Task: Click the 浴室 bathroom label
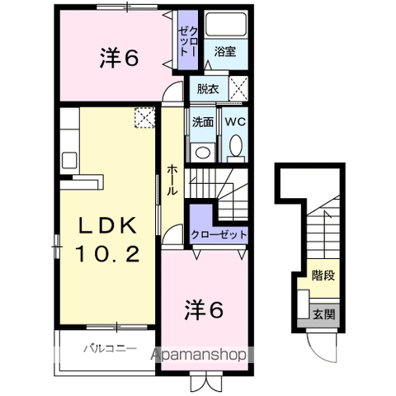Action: click(x=224, y=51)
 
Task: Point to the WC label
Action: click(x=233, y=120)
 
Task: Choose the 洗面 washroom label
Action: click(x=203, y=120)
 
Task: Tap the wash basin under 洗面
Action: click(x=201, y=151)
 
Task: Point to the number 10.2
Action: click(x=106, y=254)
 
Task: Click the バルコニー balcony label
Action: click(x=108, y=349)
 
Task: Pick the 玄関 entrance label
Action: click(x=323, y=313)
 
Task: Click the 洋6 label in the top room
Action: click(x=120, y=59)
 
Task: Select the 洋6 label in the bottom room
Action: click(x=203, y=310)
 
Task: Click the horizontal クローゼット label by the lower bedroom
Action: click(x=219, y=234)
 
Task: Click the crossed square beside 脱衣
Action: click(x=238, y=87)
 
